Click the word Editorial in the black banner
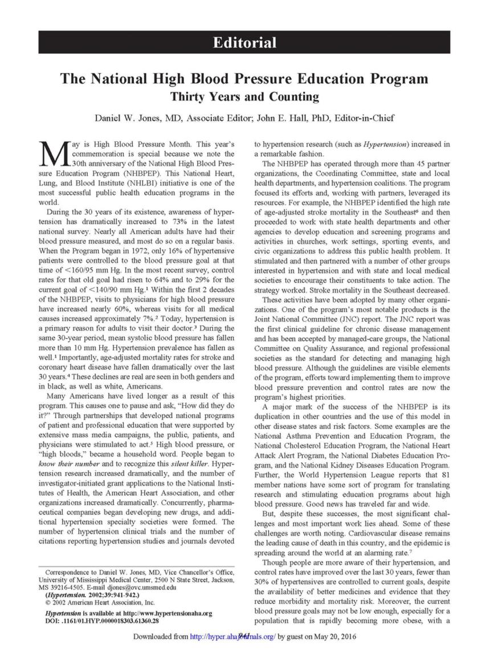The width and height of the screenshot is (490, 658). (244, 43)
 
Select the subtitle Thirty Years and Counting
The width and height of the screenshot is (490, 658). (244, 96)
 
